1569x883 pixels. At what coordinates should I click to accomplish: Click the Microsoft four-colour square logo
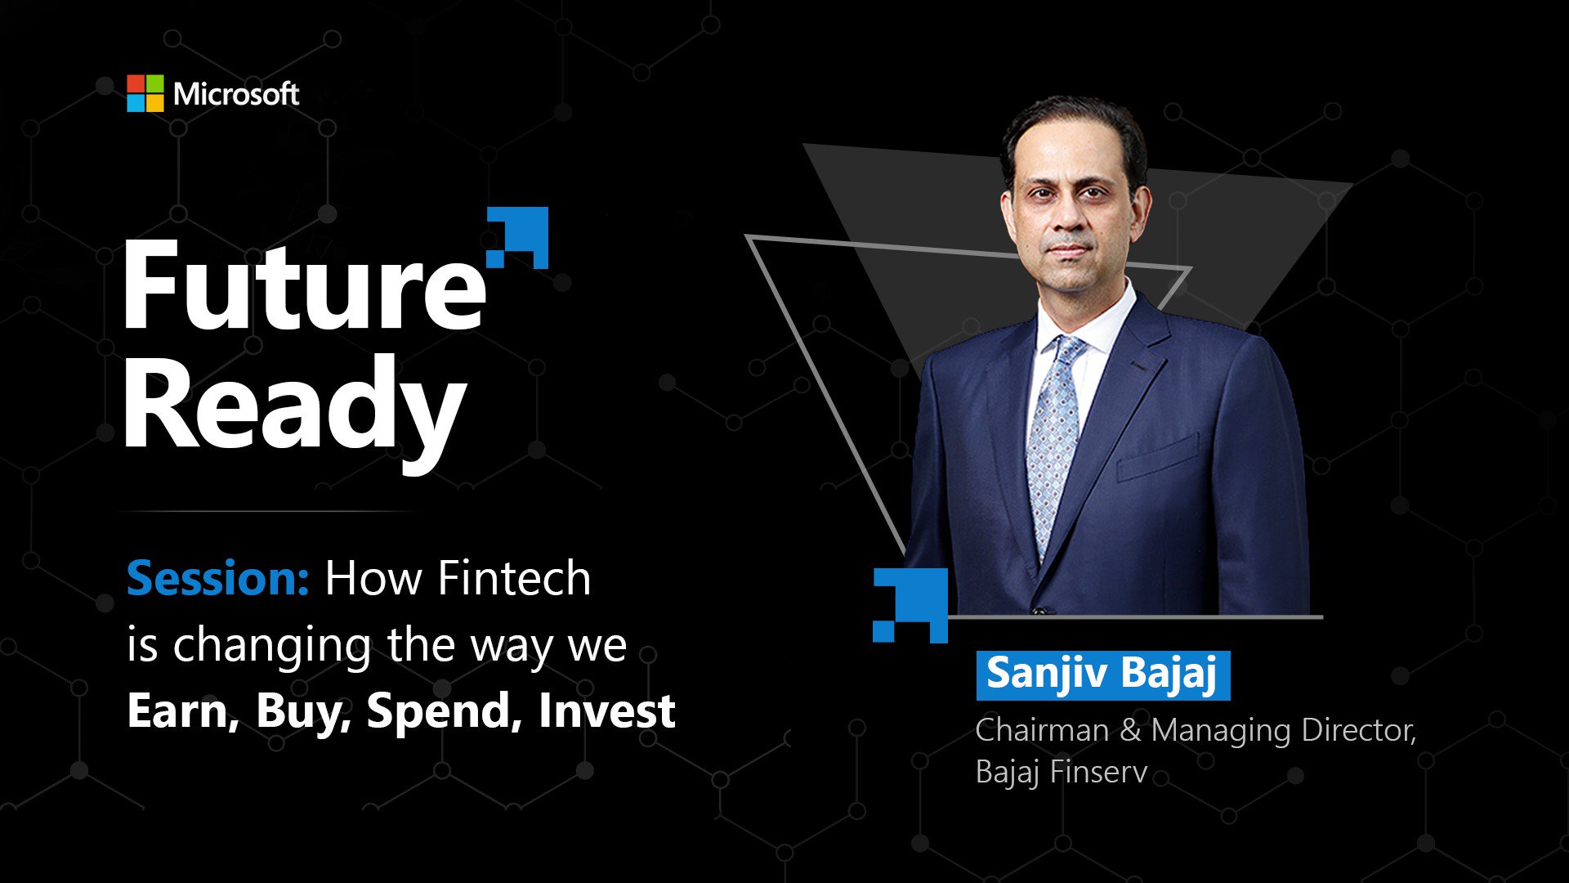click(x=145, y=93)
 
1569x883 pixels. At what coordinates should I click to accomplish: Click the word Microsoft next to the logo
click(x=236, y=94)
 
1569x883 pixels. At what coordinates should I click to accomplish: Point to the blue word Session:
click(x=217, y=579)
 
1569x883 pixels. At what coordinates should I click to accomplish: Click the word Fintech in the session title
click(x=514, y=579)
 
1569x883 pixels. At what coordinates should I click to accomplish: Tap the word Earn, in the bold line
click(x=183, y=710)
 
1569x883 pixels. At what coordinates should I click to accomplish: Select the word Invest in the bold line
click(x=606, y=710)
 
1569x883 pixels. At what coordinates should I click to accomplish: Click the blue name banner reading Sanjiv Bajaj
click(x=1102, y=675)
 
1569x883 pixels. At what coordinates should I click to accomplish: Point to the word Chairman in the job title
click(x=1042, y=730)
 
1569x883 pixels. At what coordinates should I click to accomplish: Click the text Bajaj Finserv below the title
click(x=1061, y=772)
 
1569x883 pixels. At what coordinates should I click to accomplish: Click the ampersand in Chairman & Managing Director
click(x=1130, y=730)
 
